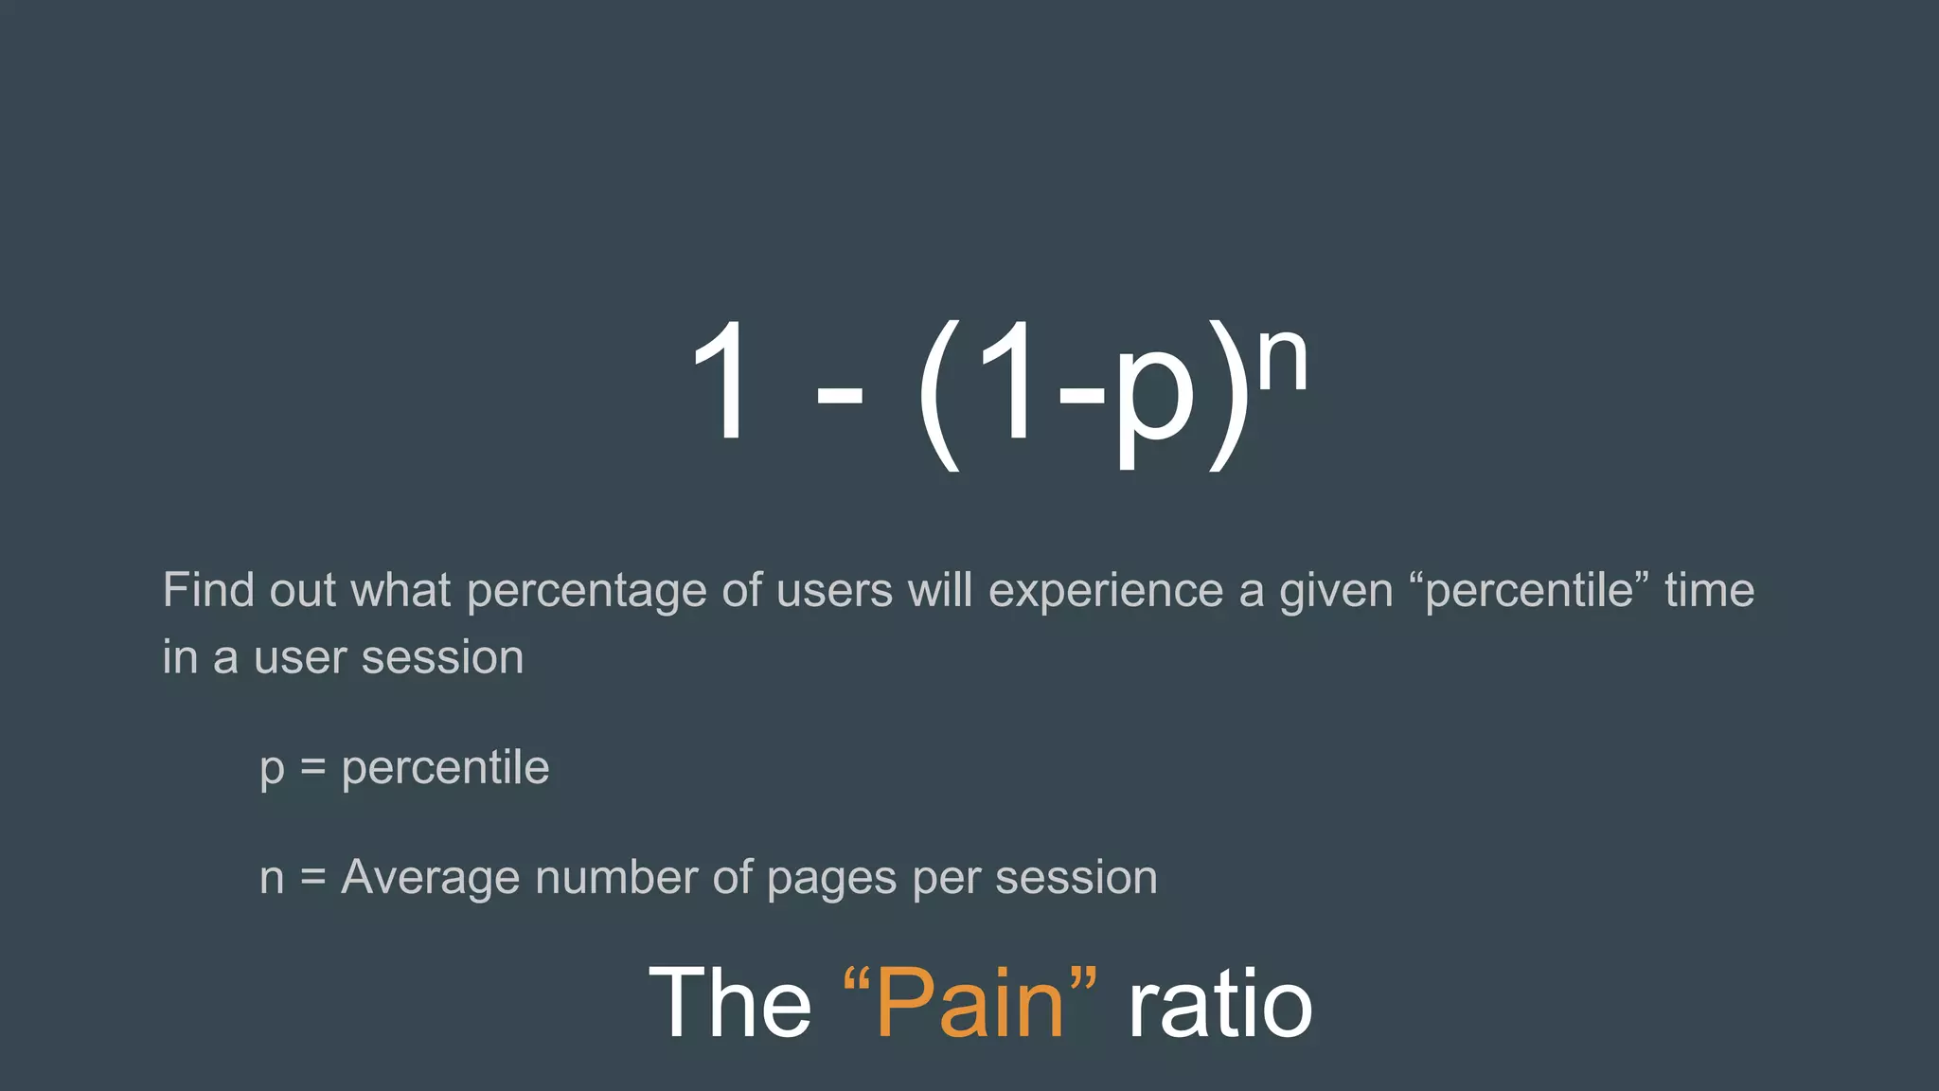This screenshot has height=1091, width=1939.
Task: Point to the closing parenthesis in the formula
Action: (x=1227, y=393)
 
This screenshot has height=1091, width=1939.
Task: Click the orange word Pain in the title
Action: (x=970, y=1004)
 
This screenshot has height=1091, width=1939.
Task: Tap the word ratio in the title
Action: (x=1219, y=1004)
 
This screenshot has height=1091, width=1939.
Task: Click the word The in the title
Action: (x=730, y=1004)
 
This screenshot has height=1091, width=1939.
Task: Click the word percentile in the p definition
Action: (x=445, y=767)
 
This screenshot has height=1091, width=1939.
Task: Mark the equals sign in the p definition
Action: (x=312, y=768)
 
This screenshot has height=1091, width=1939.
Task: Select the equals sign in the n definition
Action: (x=312, y=878)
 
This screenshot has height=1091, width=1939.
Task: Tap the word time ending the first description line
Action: (x=1709, y=590)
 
